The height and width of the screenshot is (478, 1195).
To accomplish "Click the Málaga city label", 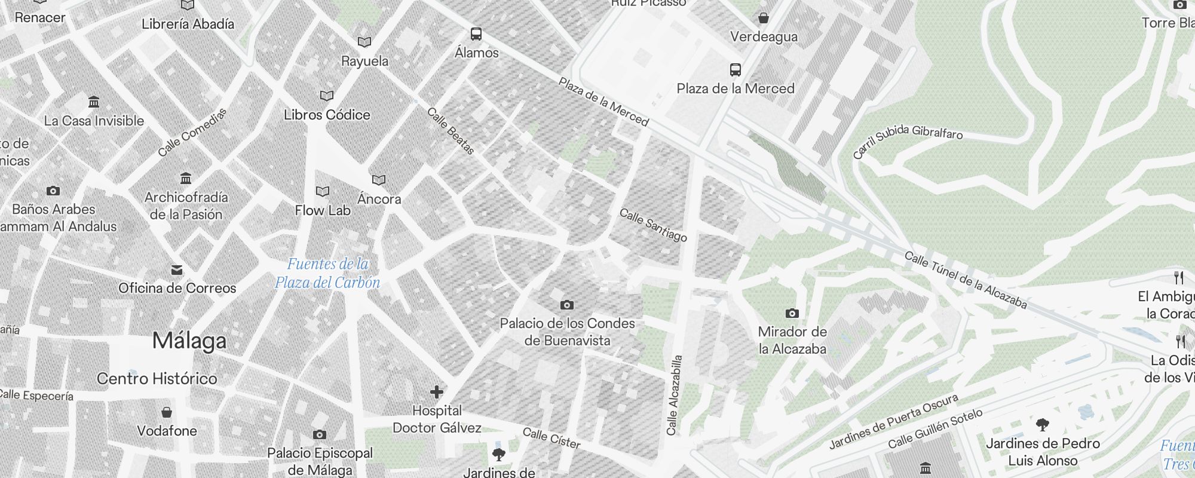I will (189, 341).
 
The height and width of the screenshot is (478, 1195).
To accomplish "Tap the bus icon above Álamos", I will (476, 34).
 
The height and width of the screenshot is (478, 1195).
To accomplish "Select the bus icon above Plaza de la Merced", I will (736, 70).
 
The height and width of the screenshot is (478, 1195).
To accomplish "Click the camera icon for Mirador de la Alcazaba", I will (792, 313).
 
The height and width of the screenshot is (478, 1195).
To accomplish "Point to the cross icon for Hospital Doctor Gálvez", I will (437, 392).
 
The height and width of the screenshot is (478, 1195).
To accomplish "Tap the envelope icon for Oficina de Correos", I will (177, 270).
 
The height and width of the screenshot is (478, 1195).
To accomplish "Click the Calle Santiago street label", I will (653, 225).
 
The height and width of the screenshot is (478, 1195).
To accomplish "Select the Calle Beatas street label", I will (451, 131).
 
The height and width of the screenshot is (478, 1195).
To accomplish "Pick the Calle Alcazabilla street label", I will (675, 395).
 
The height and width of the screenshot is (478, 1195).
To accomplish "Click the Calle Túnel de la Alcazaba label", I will (965, 280).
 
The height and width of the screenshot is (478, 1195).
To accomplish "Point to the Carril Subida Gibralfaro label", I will (907, 140).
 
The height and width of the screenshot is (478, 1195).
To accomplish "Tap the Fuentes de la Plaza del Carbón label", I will (327, 273).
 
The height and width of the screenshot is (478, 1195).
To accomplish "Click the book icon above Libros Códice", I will (327, 96).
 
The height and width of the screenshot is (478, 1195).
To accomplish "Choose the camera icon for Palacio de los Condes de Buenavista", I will (567, 305).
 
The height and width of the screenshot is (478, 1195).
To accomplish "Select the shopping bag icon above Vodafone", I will (167, 412).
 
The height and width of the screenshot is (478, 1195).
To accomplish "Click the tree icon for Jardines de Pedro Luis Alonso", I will (1043, 425).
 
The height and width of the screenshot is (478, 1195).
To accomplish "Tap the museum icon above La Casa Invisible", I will (94, 102).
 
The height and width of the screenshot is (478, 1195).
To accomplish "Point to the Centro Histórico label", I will (157, 378).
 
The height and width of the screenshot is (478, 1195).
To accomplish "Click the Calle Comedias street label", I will (192, 133).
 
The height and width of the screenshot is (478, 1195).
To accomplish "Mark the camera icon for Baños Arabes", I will (53, 191).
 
